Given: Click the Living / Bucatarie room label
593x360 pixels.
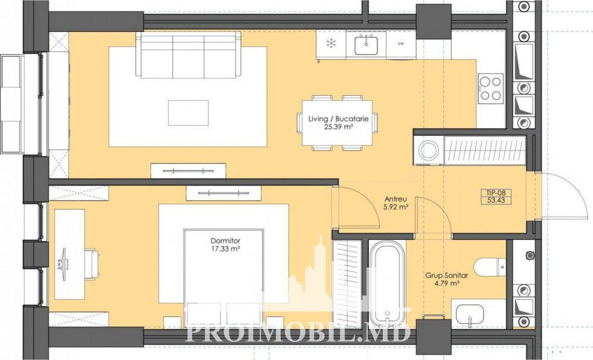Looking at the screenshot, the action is (x=338, y=119).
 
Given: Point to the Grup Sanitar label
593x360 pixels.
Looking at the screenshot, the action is (x=447, y=276).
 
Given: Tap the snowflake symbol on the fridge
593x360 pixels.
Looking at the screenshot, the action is (x=331, y=43).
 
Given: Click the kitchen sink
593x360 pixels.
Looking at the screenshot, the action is (x=366, y=44).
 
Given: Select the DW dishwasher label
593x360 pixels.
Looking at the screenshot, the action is (x=401, y=43).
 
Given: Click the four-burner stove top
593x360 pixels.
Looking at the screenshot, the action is (x=491, y=88).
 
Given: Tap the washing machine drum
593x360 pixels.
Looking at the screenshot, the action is (x=429, y=150).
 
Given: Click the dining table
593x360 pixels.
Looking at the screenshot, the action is (x=337, y=122).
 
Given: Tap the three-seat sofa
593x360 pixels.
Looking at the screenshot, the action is (x=189, y=55).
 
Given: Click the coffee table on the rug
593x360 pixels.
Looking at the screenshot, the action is (x=189, y=113).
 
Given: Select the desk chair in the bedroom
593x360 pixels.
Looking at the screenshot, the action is (x=92, y=264).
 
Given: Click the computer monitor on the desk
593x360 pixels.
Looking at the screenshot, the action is (x=63, y=264).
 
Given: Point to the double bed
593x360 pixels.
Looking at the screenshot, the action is (x=224, y=278).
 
